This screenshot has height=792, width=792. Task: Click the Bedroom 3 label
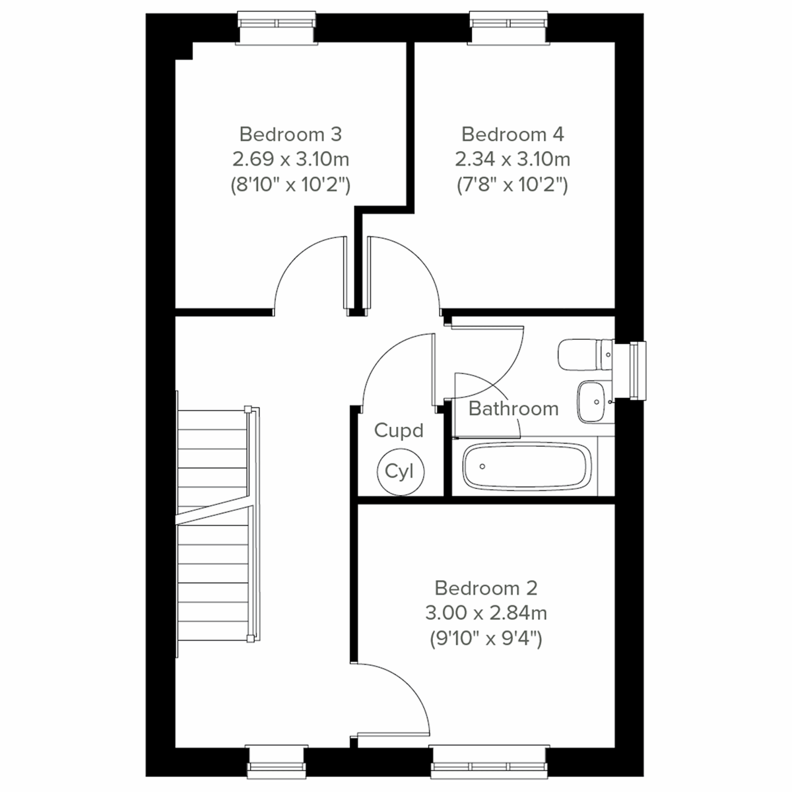[290, 135]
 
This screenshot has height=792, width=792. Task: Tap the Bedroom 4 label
[513, 135]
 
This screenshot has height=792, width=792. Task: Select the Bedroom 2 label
[486, 587]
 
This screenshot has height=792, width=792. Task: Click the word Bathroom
[513, 409]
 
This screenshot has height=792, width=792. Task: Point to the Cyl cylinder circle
[399, 471]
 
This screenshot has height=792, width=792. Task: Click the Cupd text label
[399, 431]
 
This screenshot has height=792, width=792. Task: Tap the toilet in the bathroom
[584, 355]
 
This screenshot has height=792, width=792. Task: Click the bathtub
[525, 466]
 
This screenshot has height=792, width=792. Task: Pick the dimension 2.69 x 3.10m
[290, 159]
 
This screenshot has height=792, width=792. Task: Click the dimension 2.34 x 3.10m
[513, 159]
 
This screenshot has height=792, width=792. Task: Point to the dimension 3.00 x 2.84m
[486, 613]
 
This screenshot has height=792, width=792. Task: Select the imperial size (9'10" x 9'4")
[486, 638]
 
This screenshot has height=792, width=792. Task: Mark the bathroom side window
[637, 371]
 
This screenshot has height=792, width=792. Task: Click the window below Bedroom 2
[488, 760]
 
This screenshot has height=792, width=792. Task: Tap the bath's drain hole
[482, 466]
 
